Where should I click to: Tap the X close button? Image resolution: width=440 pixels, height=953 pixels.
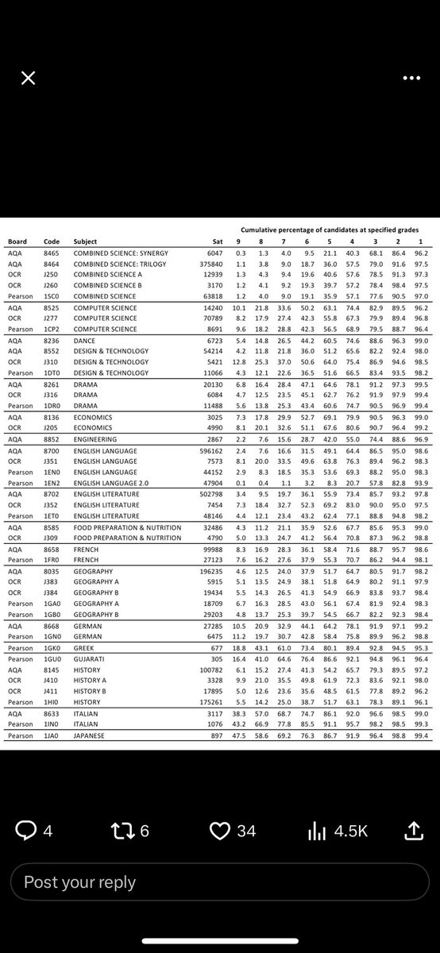(28, 77)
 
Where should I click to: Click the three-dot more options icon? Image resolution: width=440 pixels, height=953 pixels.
(411, 78)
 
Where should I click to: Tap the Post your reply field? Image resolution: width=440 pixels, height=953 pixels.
(79, 882)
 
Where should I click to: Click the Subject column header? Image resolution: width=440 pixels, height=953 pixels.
(85, 241)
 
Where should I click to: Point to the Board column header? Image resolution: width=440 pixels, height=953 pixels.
(17, 241)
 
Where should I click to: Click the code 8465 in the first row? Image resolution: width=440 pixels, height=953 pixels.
(52, 253)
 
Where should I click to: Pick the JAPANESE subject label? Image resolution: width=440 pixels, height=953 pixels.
(88, 736)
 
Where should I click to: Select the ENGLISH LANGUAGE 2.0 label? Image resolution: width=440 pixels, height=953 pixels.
(108, 483)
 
